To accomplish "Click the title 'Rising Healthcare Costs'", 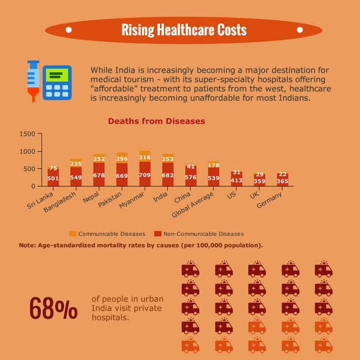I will [x=184, y=30].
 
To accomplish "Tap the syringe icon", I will [x=34, y=81].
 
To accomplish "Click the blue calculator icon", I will [x=57, y=83].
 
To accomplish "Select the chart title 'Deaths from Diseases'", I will [x=156, y=121].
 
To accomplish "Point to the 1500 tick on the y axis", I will [x=27, y=134].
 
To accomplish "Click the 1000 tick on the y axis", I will [x=27, y=151].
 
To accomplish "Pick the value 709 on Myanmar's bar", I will [x=145, y=175].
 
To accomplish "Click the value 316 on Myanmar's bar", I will [x=145, y=158].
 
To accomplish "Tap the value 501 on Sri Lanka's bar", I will [x=53, y=178].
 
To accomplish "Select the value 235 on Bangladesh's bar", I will [x=76, y=164].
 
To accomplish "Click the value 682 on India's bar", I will [x=168, y=175].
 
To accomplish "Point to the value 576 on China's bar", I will [x=191, y=177].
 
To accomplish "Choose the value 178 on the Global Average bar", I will [x=214, y=165].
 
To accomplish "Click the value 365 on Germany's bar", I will [x=282, y=181].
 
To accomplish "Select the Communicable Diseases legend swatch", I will [x=73, y=233].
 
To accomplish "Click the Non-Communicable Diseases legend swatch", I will [x=158, y=233].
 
